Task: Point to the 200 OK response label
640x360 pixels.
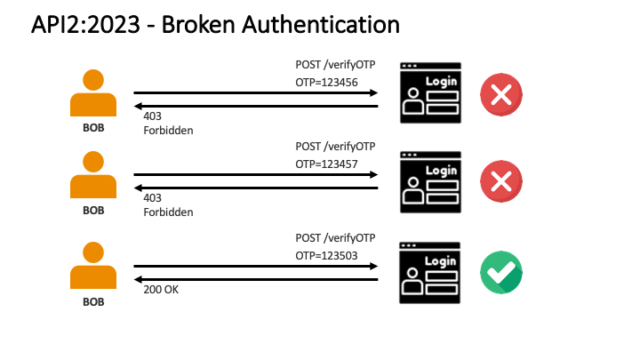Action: click(161, 290)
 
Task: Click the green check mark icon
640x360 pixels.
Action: click(501, 273)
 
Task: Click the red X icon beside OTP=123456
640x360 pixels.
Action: click(501, 94)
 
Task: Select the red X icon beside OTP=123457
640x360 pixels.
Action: click(501, 181)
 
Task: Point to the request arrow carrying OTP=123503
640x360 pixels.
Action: click(256, 266)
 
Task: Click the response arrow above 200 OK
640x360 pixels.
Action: click(256, 279)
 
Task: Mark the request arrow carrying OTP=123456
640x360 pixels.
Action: click(256, 92)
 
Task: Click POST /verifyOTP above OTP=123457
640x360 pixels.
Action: click(335, 147)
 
